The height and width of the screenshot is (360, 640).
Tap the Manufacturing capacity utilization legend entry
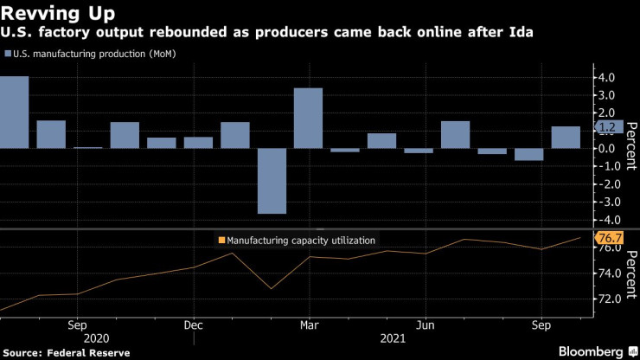pyautogui.click(x=298, y=241)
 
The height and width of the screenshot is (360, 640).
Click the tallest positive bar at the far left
pyautogui.click(x=15, y=112)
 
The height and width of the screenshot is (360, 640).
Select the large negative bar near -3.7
pyautogui.click(x=272, y=181)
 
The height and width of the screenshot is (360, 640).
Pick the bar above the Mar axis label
pyautogui.click(x=308, y=118)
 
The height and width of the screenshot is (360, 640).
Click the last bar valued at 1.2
pyautogui.click(x=566, y=138)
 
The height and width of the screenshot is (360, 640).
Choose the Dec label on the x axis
pyautogui.click(x=194, y=326)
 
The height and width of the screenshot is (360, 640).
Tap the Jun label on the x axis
pyautogui.click(x=425, y=326)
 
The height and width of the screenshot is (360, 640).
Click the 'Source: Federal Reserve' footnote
pyautogui.click(x=66, y=353)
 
